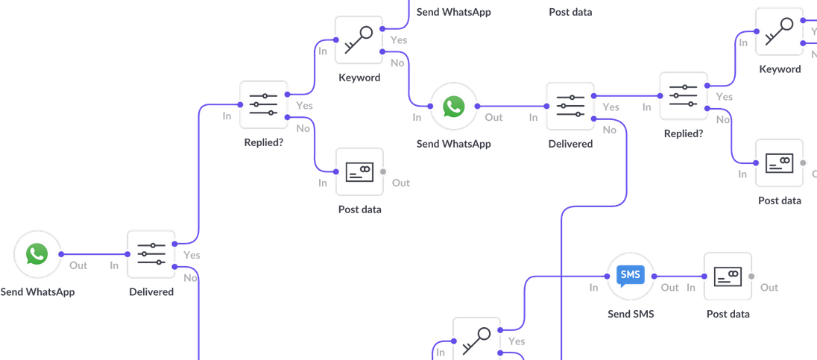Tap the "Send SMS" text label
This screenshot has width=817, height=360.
pyautogui.click(x=630, y=314)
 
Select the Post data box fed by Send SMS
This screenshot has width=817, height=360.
pyautogui.click(x=727, y=277)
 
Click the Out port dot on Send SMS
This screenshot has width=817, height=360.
pyautogui.click(x=654, y=277)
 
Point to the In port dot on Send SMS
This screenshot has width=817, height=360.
pyautogui.click(x=606, y=277)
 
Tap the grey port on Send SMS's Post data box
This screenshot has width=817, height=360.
pyautogui.click(x=751, y=277)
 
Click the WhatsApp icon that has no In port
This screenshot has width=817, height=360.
pyautogui.click(x=36, y=254)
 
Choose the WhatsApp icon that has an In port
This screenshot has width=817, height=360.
pyautogui.click(x=452, y=106)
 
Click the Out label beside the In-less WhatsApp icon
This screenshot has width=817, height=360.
pyautogui.click(x=78, y=265)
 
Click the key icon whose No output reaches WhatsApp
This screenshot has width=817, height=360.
pyautogui.click(x=357, y=40)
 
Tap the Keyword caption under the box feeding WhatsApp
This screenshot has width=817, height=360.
pyautogui.click(x=359, y=78)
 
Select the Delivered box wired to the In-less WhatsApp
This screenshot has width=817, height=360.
pyautogui.click(x=151, y=254)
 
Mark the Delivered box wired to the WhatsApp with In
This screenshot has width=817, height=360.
pyautogui.click(x=570, y=106)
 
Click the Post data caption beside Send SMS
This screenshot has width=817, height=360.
pyautogui.click(x=727, y=314)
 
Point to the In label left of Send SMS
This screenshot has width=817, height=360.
pyautogui.click(x=594, y=288)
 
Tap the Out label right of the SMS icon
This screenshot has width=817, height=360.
pyautogui.click(x=669, y=288)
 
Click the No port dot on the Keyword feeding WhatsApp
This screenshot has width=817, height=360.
pyautogui.click(x=382, y=51)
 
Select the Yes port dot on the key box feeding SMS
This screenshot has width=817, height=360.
pyautogui.click(x=500, y=329)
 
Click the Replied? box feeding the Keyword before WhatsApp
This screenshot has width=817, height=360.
pyautogui.click(x=263, y=105)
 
